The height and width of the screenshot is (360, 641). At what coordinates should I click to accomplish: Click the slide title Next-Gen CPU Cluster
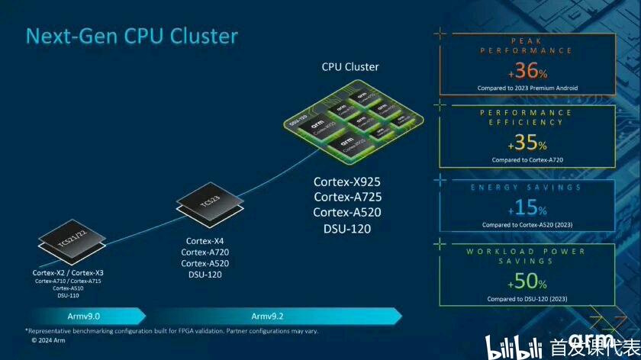pyautogui.click(x=132, y=36)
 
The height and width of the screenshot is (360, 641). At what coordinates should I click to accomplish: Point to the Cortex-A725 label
pyautogui.click(x=346, y=197)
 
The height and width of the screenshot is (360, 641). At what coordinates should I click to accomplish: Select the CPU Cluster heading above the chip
pyautogui.click(x=350, y=66)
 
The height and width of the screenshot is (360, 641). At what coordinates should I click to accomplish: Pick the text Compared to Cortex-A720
pyautogui.click(x=527, y=160)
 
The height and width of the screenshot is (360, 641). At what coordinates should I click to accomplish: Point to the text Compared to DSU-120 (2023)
pyautogui.click(x=527, y=299)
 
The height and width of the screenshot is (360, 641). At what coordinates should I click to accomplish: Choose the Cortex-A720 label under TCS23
pyautogui.click(x=205, y=252)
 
